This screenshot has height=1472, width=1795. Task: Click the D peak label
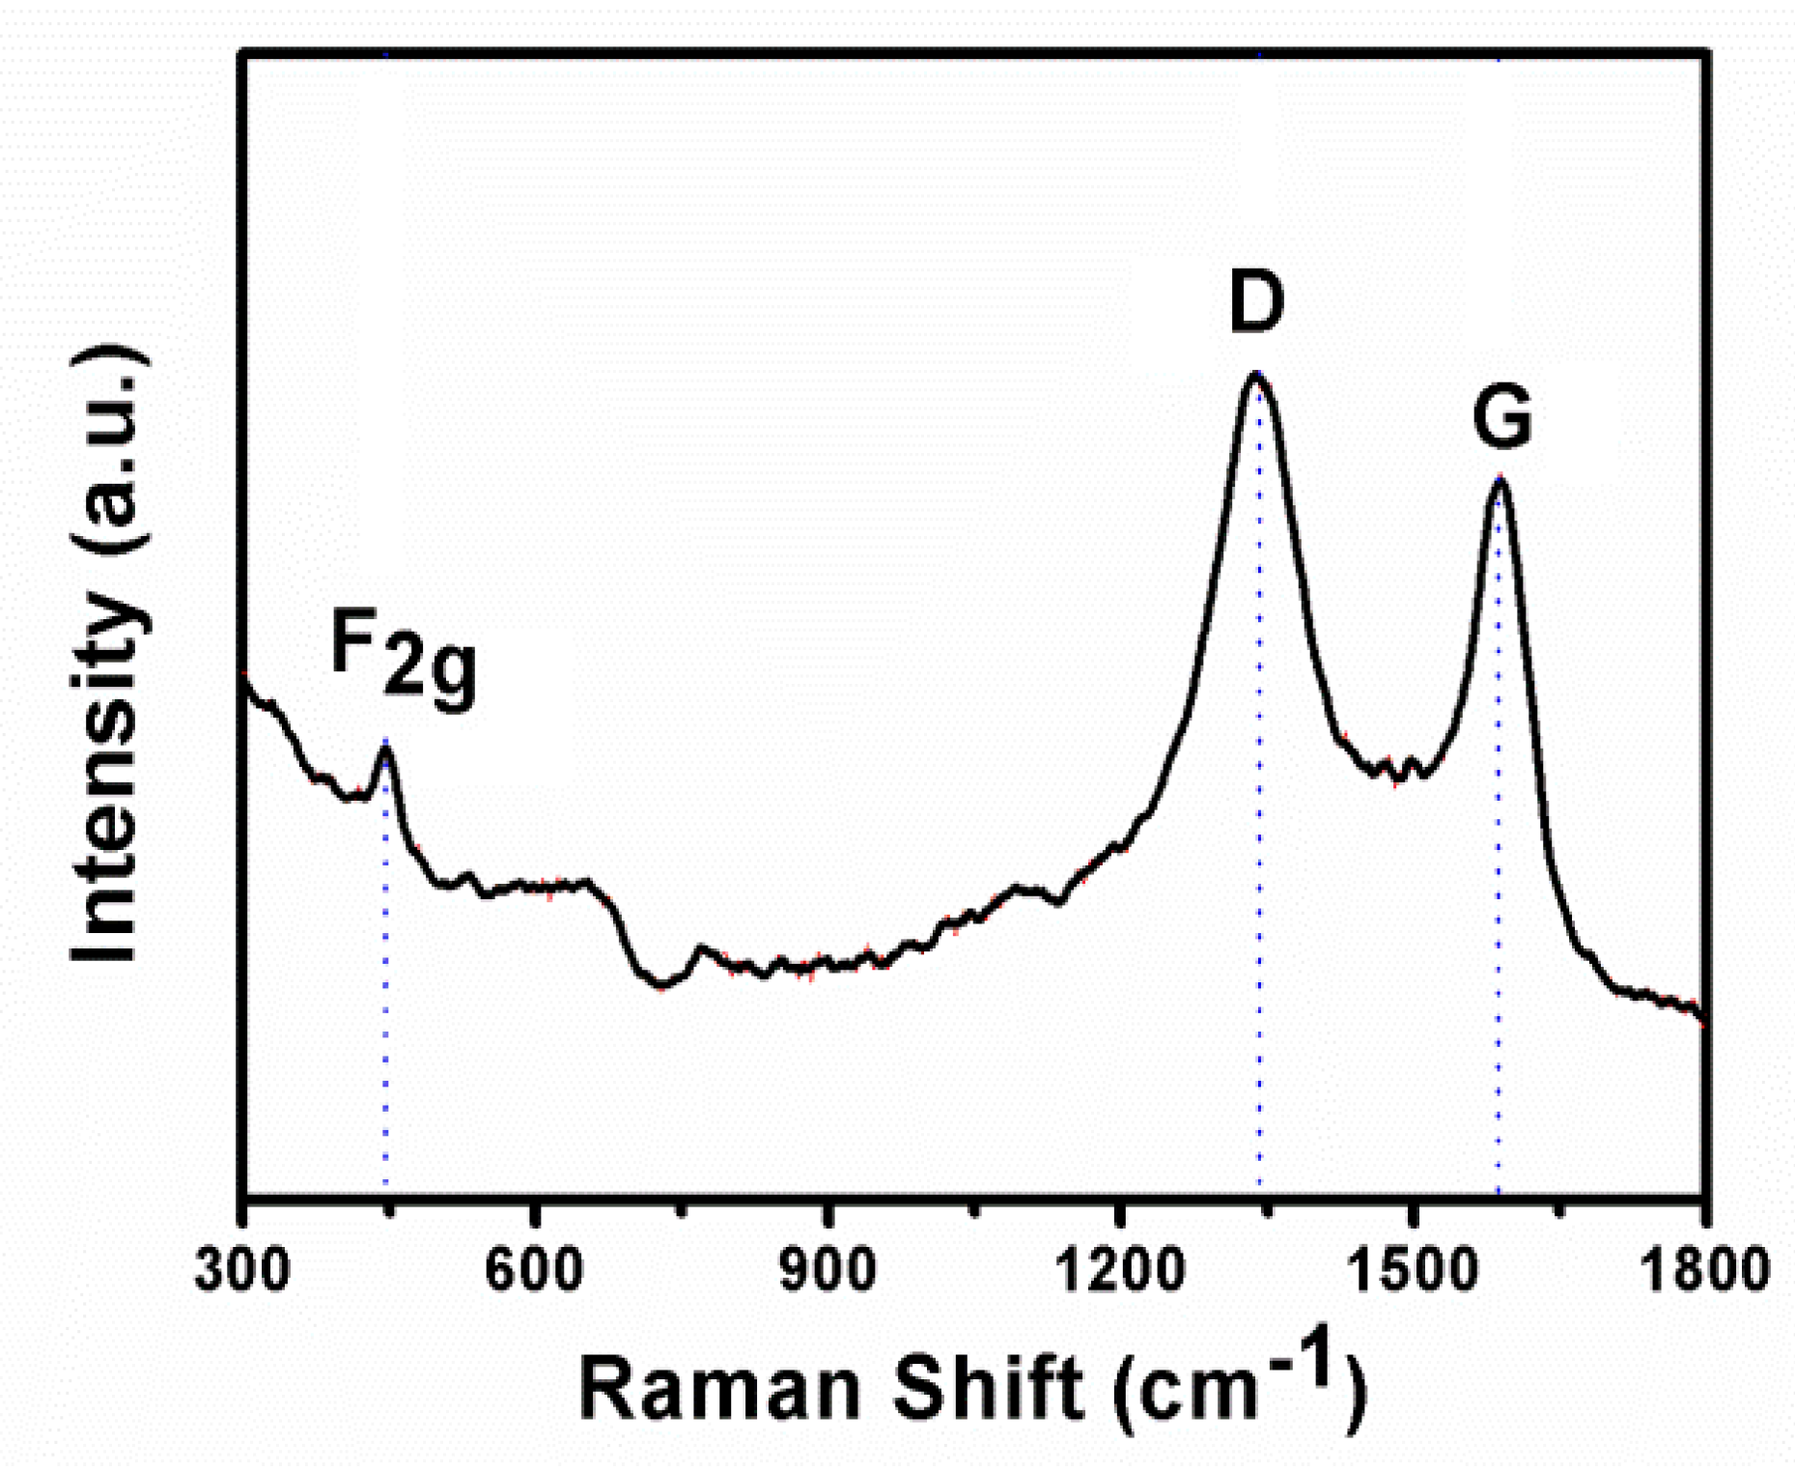click(1256, 301)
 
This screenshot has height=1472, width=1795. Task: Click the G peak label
click(1501, 418)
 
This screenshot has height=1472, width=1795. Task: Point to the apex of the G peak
click(1499, 479)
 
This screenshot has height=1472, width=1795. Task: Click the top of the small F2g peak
click(385, 746)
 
